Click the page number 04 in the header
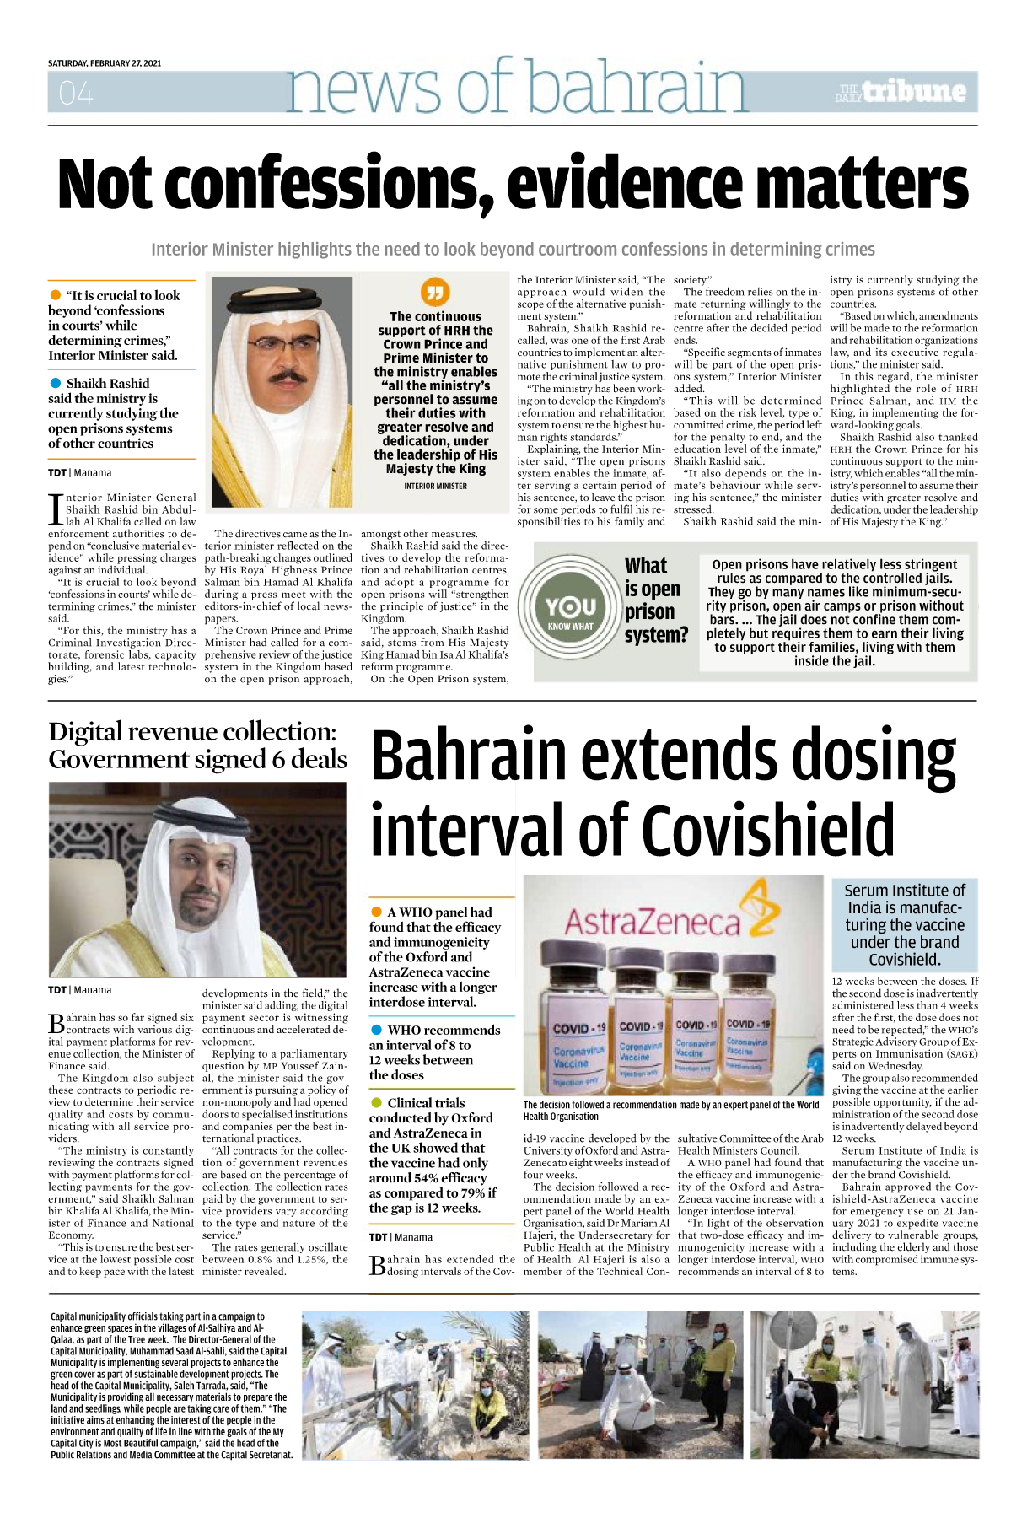coord(76,93)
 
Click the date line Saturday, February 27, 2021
coord(105,63)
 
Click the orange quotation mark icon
coord(435,292)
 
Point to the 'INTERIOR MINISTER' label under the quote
coord(435,486)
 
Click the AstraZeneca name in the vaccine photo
coord(651,923)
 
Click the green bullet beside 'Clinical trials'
coord(376,1103)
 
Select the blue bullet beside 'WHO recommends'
coord(376,1031)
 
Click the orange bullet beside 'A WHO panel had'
coord(376,912)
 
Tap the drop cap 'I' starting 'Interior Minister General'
coord(56,509)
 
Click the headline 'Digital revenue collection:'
coord(192,731)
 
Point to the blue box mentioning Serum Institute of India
coord(904,925)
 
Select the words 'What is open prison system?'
coord(655,600)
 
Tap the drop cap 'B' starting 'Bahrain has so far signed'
coord(56,1024)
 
